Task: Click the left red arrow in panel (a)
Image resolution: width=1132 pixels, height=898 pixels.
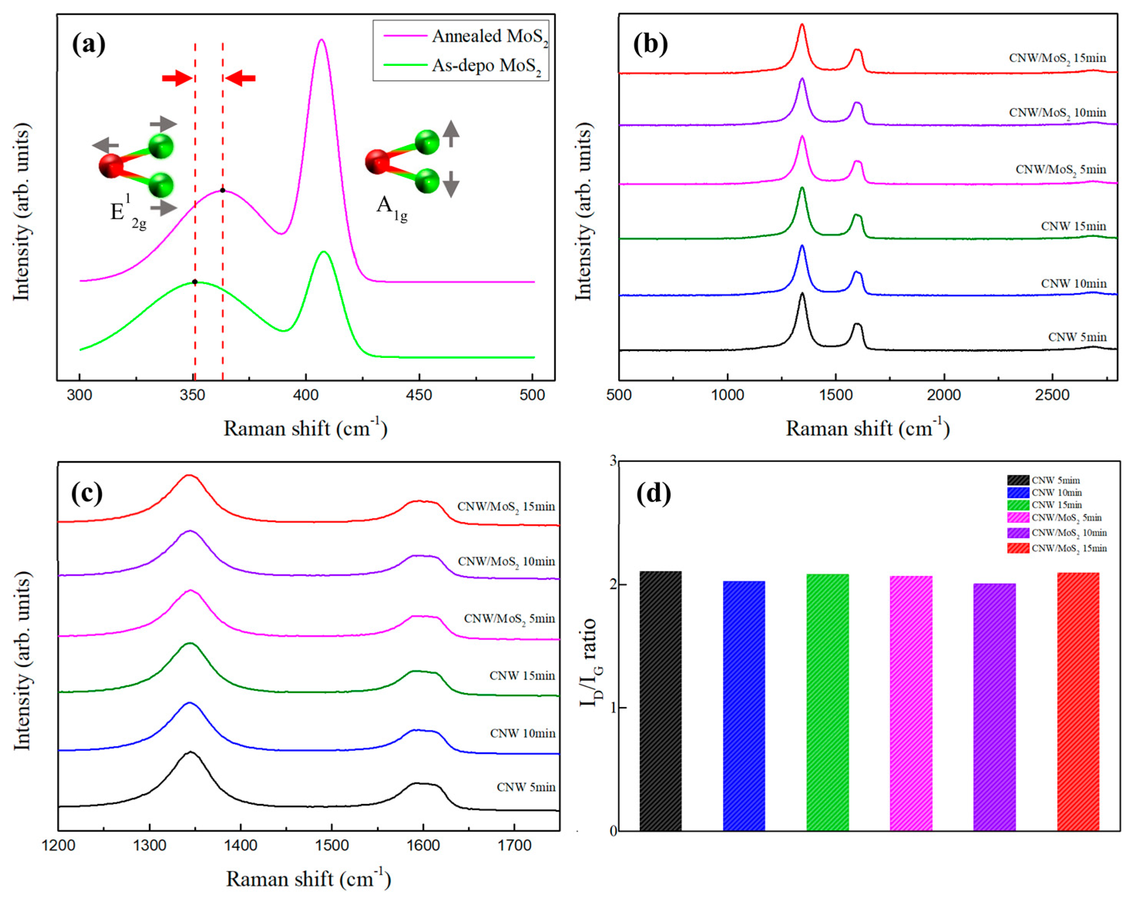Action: (x=177, y=79)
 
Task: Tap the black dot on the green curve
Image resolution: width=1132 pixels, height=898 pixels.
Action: (x=195, y=282)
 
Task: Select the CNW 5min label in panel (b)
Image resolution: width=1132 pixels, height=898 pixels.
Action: (x=1077, y=337)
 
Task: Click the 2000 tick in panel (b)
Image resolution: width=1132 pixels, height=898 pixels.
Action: (x=944, y=395)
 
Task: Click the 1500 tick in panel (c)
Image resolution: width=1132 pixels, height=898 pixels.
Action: (x=332, y=846)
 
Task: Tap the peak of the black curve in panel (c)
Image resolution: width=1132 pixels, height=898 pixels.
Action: (x=190, y=752)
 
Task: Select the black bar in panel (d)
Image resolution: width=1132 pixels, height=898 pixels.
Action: (x=660, y=700)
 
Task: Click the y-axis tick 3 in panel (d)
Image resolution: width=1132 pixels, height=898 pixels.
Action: (x=612, y=462)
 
